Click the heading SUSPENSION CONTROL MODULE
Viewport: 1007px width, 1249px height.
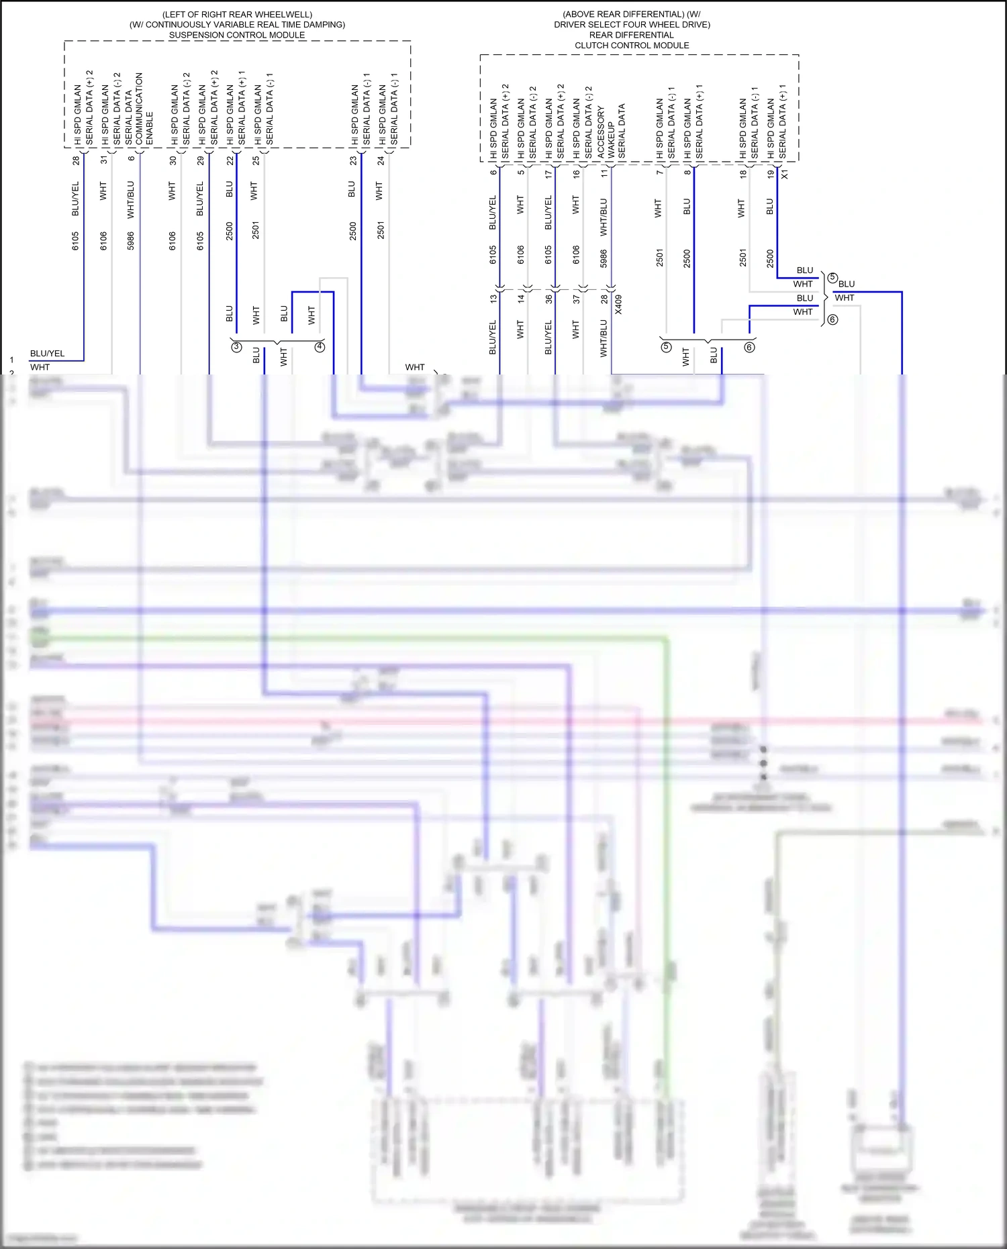(x=236, y=35)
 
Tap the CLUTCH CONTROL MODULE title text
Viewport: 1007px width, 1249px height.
(x=631, y=46)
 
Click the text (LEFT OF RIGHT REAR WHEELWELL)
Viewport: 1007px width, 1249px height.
(x=237, y=14)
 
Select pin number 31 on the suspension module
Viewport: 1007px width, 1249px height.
(x=103, y=160)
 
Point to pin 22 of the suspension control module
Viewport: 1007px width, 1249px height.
(x=230, y=160)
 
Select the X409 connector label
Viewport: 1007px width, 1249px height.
(x=618, y=305)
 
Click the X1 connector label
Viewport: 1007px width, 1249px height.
(x=785, y=174)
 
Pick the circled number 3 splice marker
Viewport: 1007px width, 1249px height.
(x=236, y=347)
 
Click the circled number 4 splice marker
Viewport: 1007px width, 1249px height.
(x=320, y=347)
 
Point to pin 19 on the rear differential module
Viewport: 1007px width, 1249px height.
(x=771, y=173)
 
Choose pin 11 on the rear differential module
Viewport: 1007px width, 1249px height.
(x=604, y=173)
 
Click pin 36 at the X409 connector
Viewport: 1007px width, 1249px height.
(x=548, y=299)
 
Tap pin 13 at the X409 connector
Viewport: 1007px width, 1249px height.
(x=493, y=299)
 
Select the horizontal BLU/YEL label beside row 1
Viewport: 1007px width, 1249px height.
(x=47, y=354)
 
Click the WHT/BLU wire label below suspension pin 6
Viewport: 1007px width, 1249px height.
(x=131, y=199)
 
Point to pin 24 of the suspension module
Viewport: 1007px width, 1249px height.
(x=381, y=160)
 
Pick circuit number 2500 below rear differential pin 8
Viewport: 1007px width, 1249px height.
(x=687, y=258)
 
